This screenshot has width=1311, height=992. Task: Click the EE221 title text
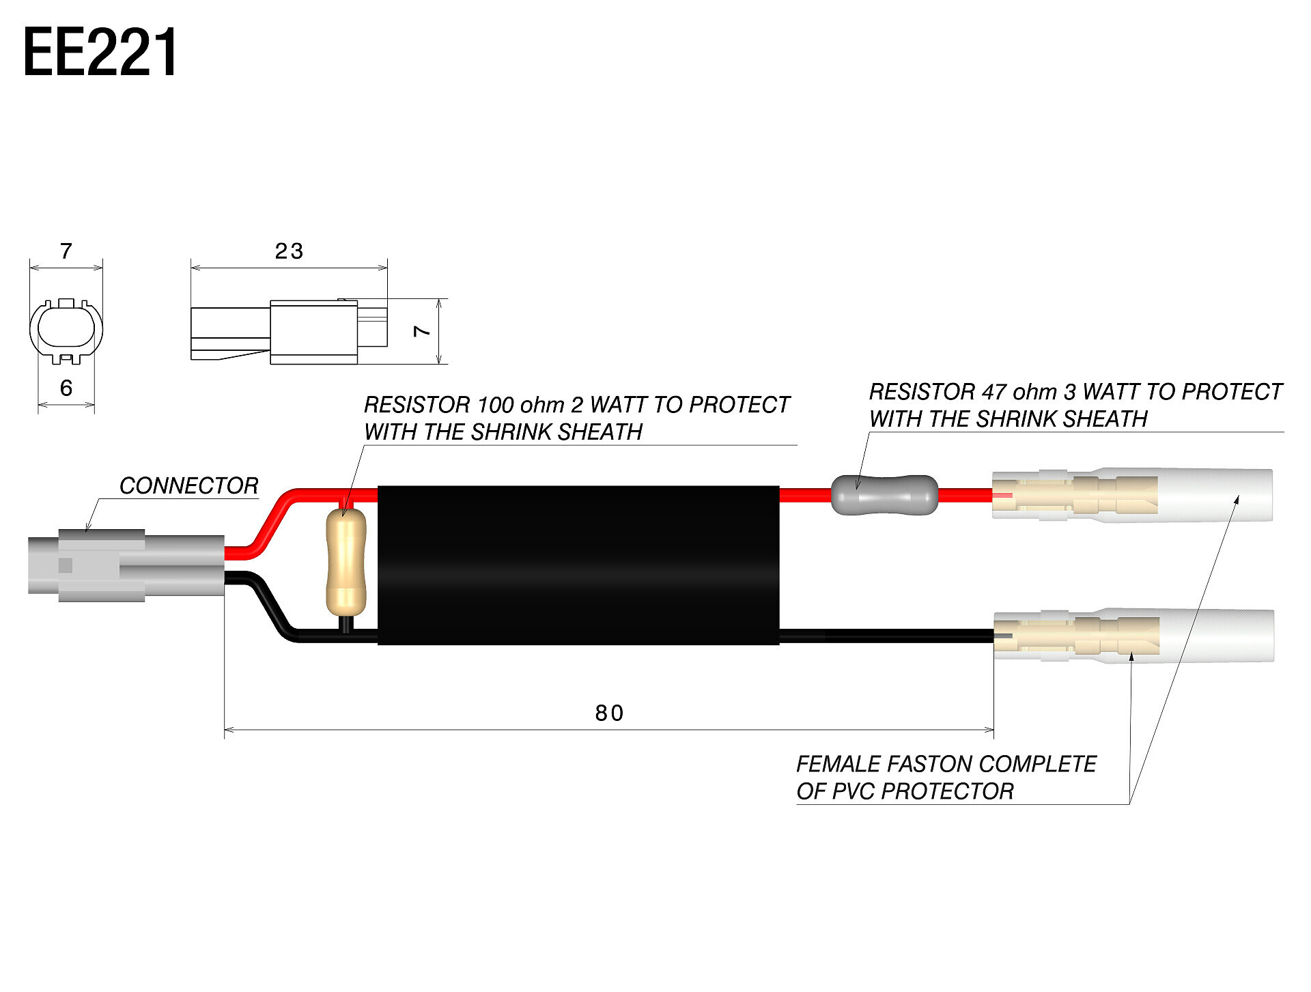point(100,52)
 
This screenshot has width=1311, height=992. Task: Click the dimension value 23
point(289,251)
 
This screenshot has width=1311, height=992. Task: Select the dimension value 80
point(609,713)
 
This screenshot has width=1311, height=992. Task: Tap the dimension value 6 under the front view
point(66,388)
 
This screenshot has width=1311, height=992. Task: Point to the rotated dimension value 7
point(422,331)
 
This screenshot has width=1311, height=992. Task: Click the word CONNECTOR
point(188,485)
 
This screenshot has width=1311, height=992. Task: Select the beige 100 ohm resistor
point(346,562)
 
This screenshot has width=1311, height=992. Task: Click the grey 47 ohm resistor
point(884,495)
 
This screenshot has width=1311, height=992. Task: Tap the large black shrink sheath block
point(578,565)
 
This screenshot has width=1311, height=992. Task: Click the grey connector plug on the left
point(126,565)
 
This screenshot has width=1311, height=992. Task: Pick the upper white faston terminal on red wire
point(1132,495)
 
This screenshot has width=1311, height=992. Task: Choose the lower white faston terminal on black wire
point(1133,636)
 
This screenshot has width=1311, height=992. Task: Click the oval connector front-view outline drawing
point(66,330)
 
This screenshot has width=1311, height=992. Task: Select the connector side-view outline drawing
point(289,332)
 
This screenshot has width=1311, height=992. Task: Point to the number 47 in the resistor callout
point(993,392)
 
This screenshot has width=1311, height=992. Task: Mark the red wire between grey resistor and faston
point(965,495)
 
